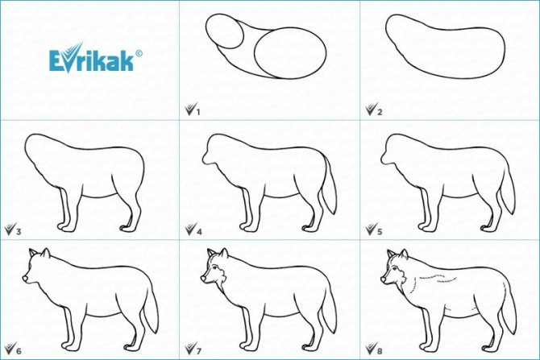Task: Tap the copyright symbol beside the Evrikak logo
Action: [x=139, y=53]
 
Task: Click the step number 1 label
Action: [x=198, y=112]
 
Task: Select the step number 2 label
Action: [x=380, y=112]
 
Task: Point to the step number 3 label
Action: [x=19, y=232]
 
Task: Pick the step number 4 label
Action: [x=199, y=232]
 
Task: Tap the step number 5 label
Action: [x=380, y=232]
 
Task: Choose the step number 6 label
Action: [x=19, y=351]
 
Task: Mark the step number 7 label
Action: [x=199, y=351]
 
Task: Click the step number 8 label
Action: [x=380, y=351]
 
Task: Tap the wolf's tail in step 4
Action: [x=328, y=188]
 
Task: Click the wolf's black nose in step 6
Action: [x=25, y=278]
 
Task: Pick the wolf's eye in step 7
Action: [x=214, y=268]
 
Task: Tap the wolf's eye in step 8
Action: [x=394, y=268]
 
